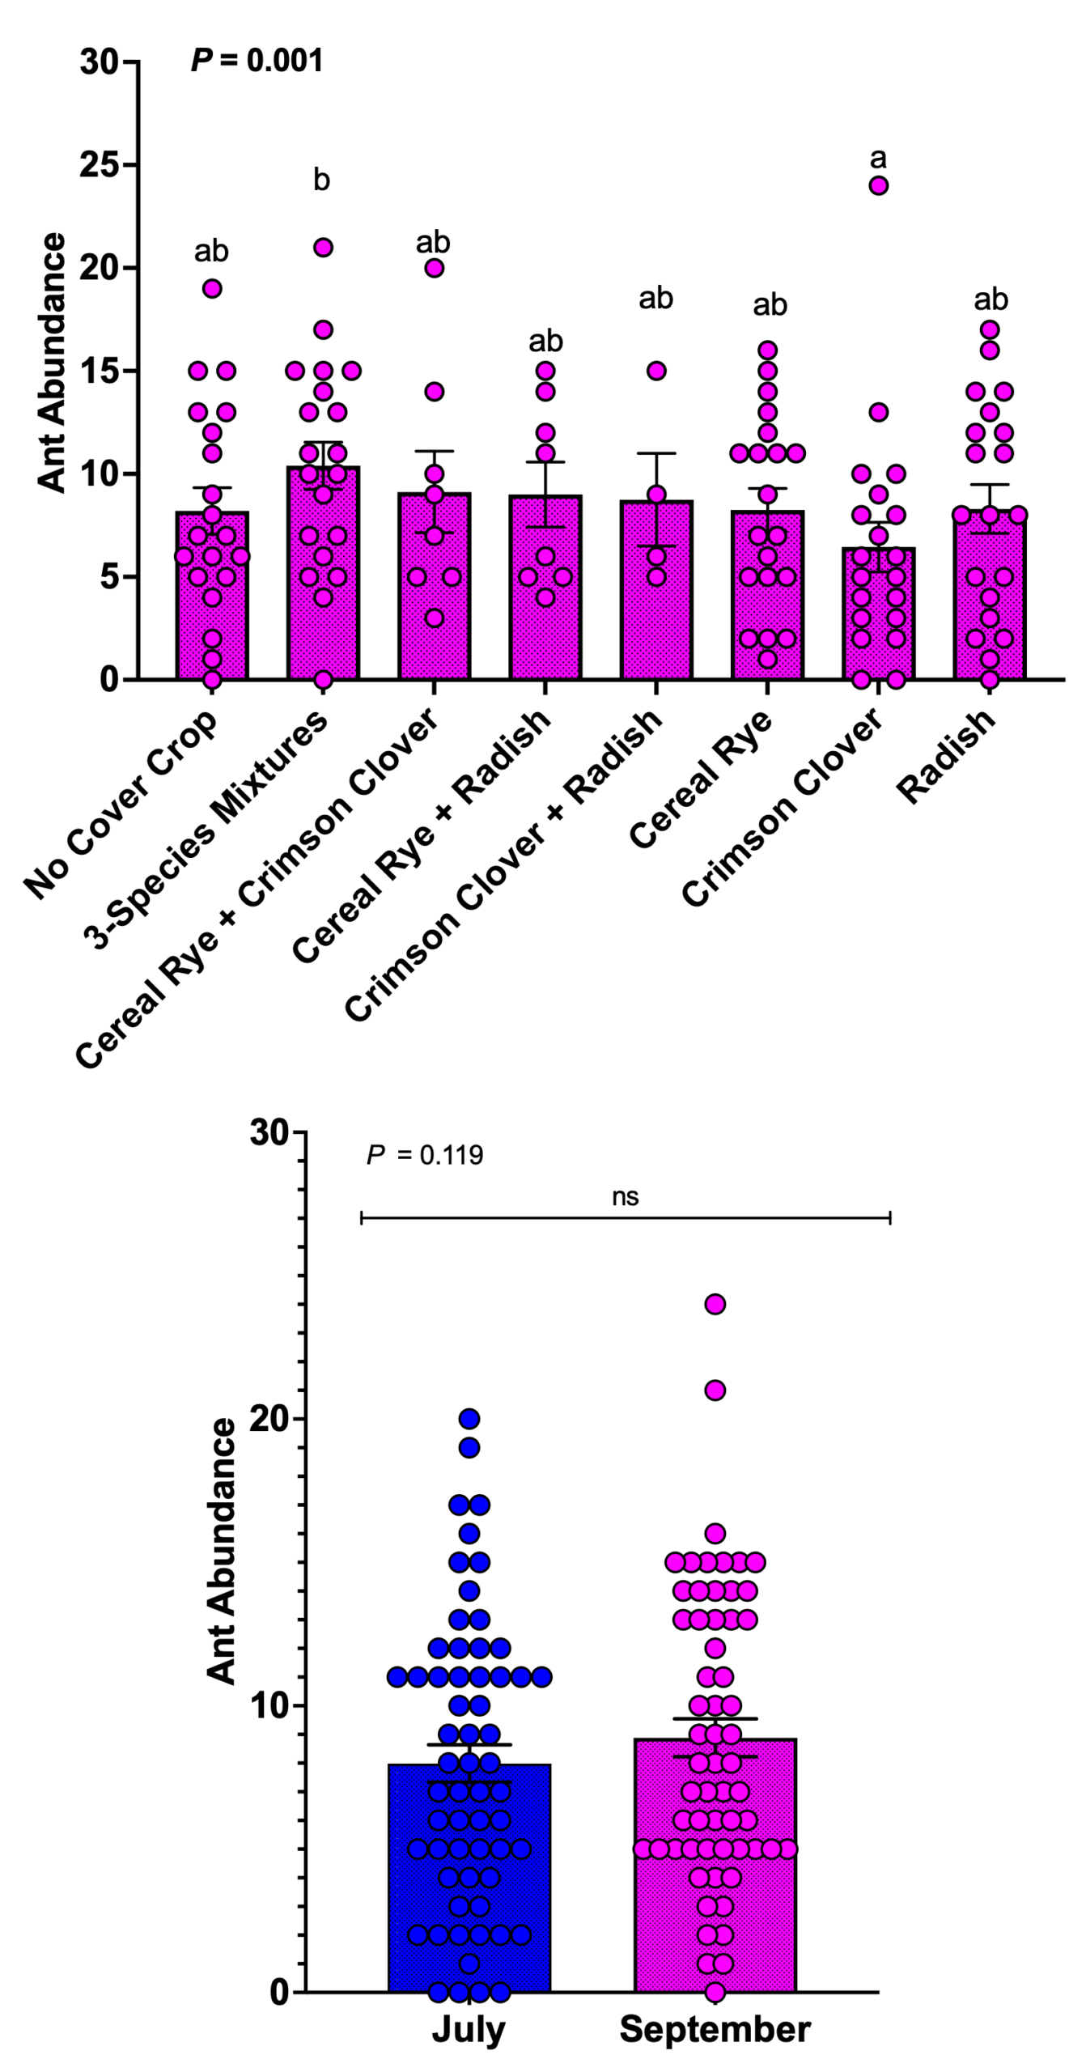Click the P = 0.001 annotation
pos(257,60)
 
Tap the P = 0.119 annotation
pos(425,1155)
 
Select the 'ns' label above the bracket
pos(625,1197)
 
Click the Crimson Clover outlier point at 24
pos(879,185)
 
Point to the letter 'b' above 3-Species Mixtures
pos(321,180)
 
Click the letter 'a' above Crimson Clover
pos(878,158)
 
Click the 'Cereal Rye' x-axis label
pos(701,779)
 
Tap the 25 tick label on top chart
pos(99,165)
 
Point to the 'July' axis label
pos(469,2030)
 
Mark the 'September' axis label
pos(715,2030)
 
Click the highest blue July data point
pos(469,1419)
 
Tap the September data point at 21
pos(715,1391)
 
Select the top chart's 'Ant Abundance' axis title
pos(52,363)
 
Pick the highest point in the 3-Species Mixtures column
pos(323,248)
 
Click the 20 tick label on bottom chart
pos(269,1419)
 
